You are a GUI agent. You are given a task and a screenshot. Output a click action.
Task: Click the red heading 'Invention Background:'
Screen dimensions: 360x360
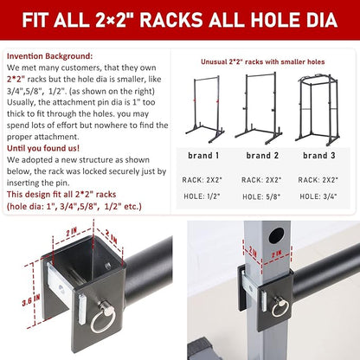49,56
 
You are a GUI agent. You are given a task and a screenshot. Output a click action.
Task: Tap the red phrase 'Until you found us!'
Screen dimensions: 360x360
43,148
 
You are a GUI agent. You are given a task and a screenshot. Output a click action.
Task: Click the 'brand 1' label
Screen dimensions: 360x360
203,156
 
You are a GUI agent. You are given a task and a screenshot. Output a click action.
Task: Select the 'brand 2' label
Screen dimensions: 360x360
262,156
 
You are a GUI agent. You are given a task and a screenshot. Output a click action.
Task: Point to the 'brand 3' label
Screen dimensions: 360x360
319,156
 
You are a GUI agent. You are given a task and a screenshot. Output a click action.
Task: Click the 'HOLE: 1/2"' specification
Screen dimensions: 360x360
202,196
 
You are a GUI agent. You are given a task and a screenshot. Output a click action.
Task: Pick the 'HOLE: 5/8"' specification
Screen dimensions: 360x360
261,196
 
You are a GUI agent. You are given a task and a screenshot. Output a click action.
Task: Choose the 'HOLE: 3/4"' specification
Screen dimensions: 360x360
318,196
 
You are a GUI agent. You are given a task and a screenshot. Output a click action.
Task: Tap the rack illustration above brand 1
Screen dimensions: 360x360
205,110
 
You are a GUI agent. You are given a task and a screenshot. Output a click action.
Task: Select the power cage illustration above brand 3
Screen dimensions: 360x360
318,110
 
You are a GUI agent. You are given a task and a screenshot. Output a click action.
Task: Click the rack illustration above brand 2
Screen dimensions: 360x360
258,109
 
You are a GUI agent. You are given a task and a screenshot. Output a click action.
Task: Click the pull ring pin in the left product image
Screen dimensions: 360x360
103,318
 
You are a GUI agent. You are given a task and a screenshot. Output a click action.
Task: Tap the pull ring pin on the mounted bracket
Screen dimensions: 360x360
280,307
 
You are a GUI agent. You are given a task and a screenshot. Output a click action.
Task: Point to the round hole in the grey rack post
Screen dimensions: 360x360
276,235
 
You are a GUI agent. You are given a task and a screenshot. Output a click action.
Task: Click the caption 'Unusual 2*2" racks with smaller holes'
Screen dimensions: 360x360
263,61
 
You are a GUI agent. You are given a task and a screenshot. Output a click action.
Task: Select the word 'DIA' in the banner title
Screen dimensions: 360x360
319,20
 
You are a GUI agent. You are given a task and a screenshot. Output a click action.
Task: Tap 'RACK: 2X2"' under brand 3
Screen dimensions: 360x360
318,180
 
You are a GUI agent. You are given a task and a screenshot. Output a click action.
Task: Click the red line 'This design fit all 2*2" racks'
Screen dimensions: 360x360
61,195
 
